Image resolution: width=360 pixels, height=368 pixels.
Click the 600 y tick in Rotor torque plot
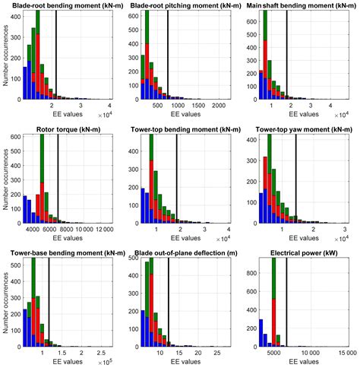coord(13,138)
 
